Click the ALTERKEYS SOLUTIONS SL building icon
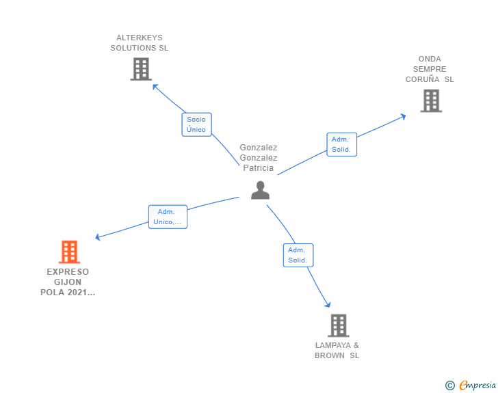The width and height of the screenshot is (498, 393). [x=141, y=69]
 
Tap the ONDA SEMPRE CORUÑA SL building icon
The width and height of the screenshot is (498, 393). [x=431, y=100]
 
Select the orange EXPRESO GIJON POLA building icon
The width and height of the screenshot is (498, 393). [x=69, y=252]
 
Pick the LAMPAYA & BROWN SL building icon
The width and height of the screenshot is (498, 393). [x=338, y=325]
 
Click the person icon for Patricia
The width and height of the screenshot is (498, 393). [x=260, y=190]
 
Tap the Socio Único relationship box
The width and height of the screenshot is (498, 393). [x=196, y=124]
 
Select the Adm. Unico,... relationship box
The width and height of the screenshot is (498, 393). [x=168, y=217]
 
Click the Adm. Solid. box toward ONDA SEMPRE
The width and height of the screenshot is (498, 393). [x=341, y=144]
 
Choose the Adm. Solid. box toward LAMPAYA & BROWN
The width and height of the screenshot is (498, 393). [x=298, y=255]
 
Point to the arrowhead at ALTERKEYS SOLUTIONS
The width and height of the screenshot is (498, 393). [x=155, y=87]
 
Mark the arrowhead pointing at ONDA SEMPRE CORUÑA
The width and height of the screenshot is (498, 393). [x=403, y=116]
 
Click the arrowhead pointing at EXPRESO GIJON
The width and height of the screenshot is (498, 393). [x=98, y=238]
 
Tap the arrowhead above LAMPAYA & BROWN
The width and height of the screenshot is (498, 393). [x=328, y=304]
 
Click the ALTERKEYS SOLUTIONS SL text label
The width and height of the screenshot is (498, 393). [x=140, y=43]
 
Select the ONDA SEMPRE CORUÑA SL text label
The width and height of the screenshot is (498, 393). [x=430, y=69]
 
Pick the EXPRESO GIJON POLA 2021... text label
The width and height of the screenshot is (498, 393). [x=68, y=282]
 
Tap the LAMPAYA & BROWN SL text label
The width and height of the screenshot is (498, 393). [x=337, y=350]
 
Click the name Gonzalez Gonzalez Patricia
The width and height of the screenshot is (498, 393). [x=259, y=157]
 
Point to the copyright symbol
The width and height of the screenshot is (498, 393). [x=449, y=385]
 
